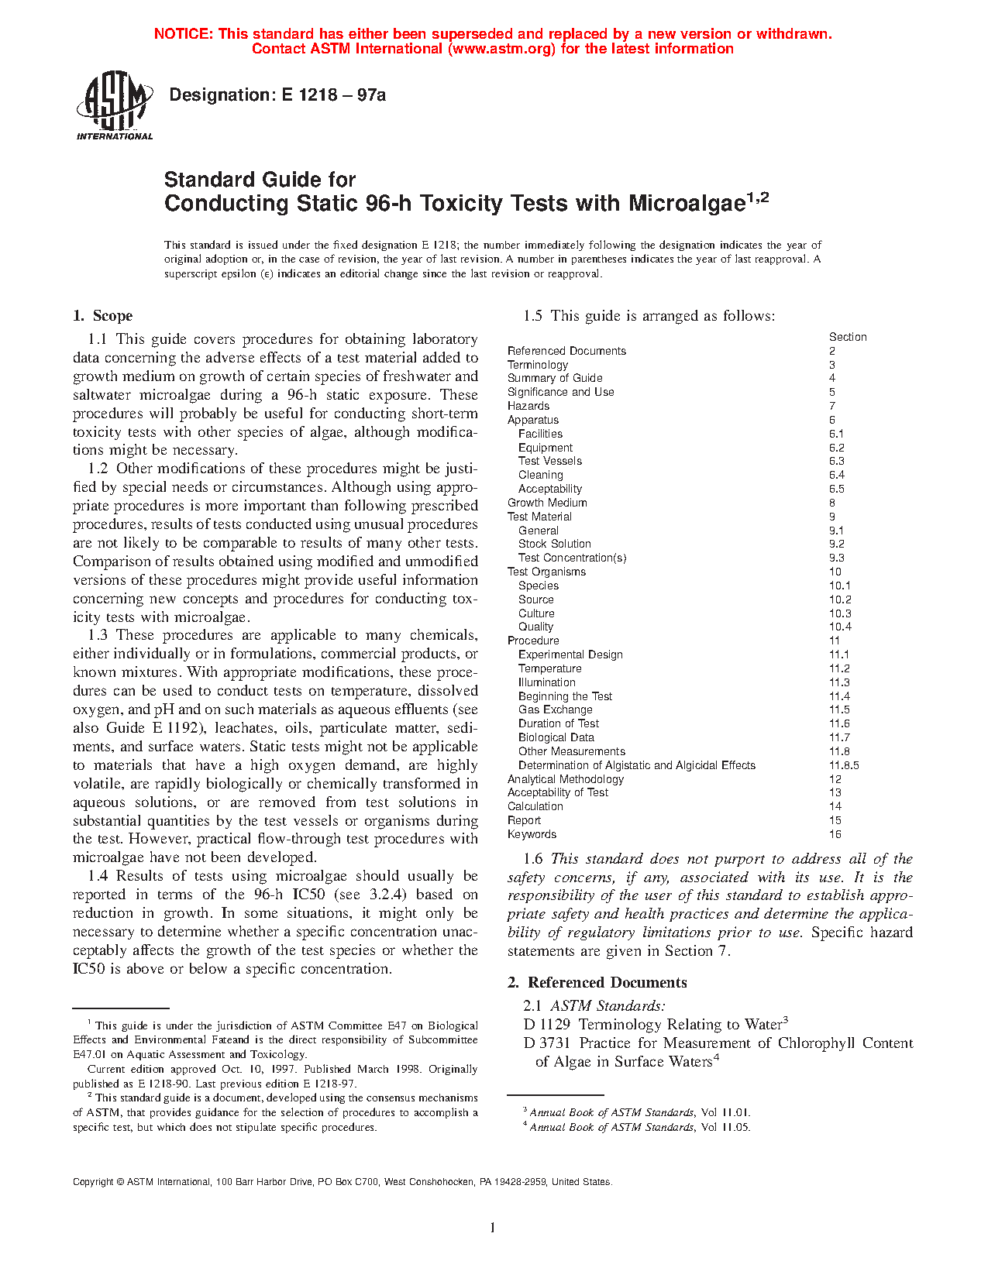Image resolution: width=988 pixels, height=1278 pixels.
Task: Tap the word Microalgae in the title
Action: pos(686,204)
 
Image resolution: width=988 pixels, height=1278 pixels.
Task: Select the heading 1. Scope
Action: pos(103,316)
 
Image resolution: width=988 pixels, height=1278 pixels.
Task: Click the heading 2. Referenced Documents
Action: pos(597,983)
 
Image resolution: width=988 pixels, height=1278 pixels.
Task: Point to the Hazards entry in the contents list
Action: pos(528,406)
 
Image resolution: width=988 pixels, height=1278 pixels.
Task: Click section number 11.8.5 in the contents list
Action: pos(844,765)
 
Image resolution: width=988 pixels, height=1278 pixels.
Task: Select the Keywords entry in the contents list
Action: pos(532,834)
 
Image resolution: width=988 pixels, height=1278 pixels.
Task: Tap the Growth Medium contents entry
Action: pos(547,503)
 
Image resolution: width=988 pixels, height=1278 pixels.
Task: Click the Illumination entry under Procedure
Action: pos(546,682)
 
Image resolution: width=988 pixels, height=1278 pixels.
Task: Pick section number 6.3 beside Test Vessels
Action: pos(836,461)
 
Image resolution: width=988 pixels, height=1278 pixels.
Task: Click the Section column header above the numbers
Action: pos(848,337)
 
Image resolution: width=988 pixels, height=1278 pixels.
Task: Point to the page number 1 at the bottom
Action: pos(493,1228)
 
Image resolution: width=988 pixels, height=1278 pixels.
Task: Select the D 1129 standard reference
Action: pos(547,1025)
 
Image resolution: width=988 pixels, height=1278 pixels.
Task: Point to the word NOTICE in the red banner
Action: pos(183,34)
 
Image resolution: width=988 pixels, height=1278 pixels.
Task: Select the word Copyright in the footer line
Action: pos(93,1182)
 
